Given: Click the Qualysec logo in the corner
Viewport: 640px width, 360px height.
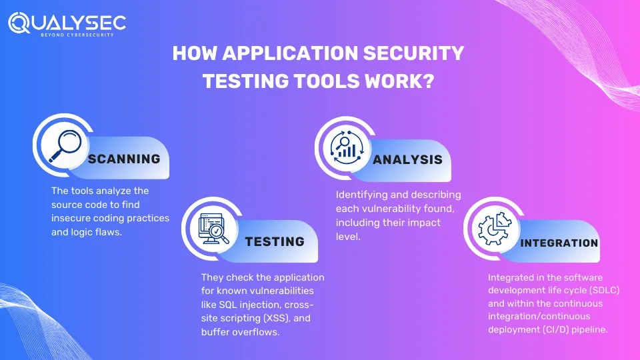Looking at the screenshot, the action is (67, 24).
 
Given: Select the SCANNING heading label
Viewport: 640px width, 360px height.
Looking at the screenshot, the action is (124, 159).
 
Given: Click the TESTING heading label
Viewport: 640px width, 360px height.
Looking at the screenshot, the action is (275, 241).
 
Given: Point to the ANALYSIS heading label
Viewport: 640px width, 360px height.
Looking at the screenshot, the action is (407, 159).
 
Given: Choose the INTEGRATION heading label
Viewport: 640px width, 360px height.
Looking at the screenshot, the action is (559, 243).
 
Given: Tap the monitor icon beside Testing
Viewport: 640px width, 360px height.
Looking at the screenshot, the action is (213, 229).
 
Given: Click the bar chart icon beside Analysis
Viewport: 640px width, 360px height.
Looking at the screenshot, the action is (347, 147).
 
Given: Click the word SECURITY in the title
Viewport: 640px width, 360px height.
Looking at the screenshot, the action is (413, 53).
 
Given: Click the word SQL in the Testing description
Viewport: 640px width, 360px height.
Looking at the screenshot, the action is (227, 305).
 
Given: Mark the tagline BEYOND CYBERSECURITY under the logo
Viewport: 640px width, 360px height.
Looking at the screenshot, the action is (77, 35).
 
